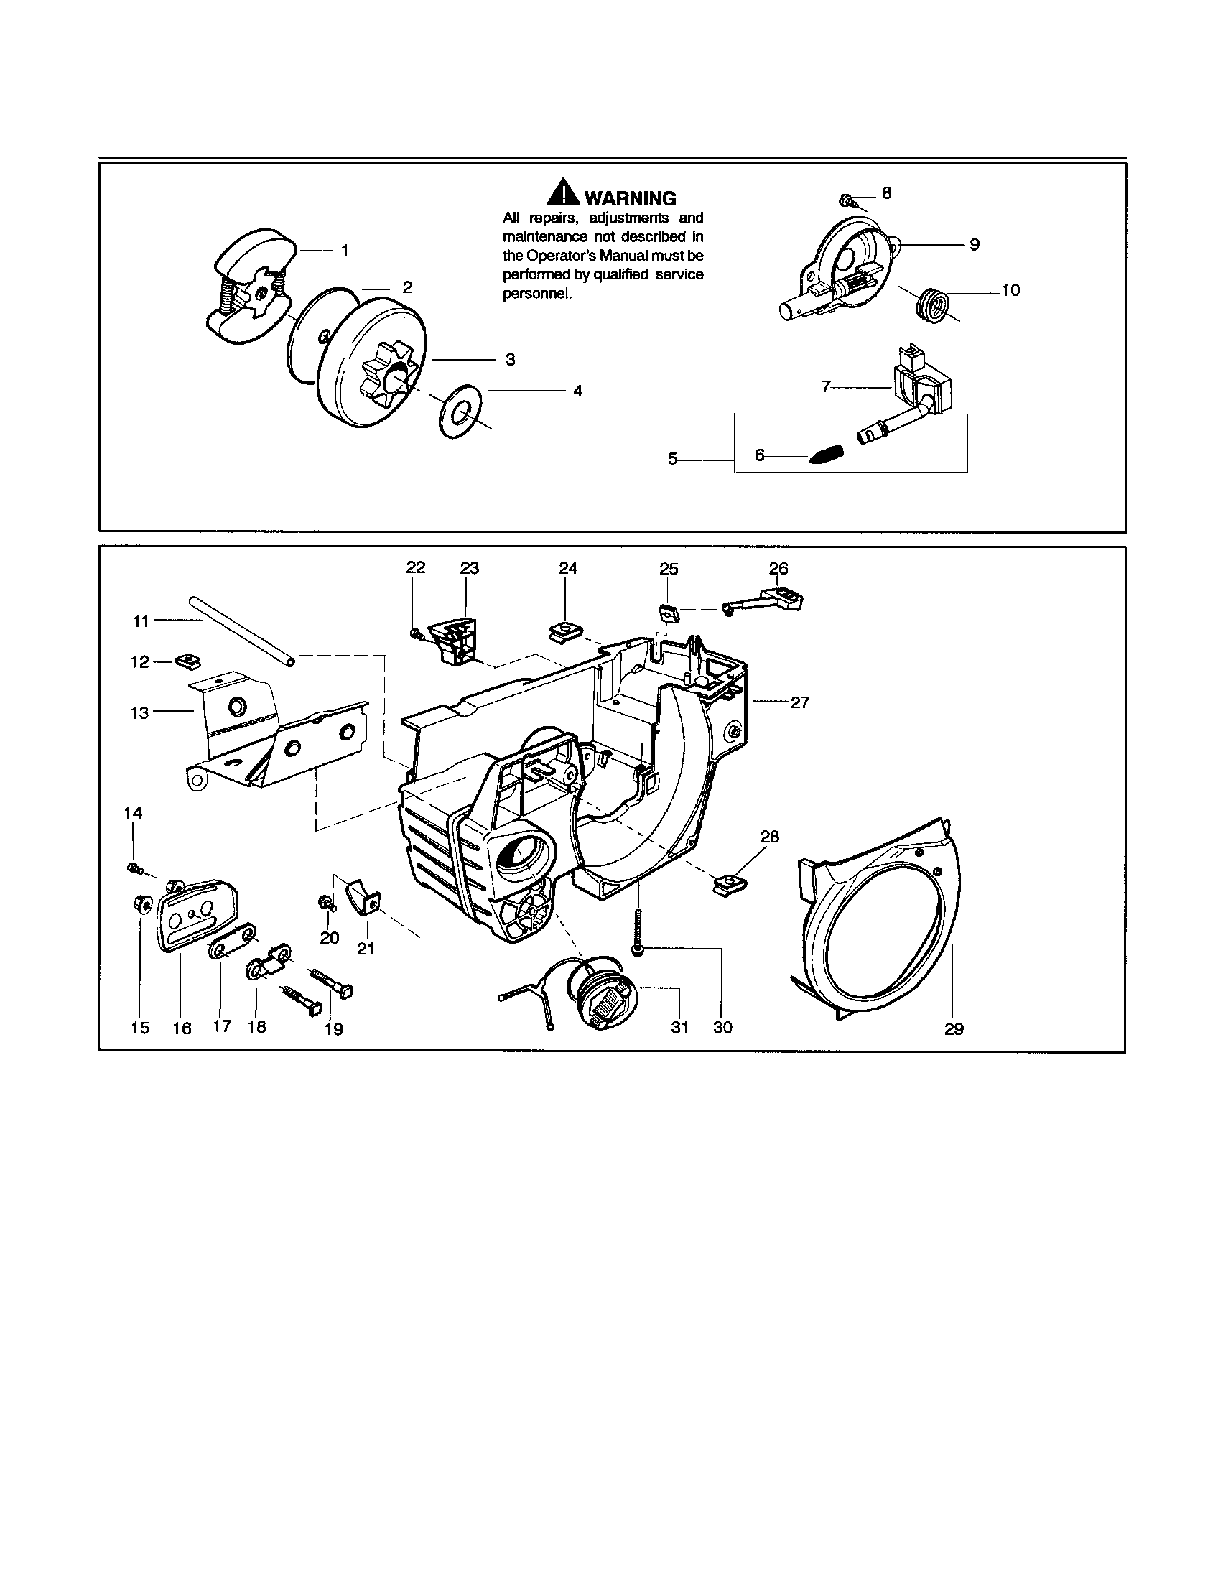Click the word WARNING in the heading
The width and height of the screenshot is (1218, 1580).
point(630,198)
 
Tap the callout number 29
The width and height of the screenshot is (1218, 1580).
point(953,1028)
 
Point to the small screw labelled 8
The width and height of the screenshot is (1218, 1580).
point(845,199)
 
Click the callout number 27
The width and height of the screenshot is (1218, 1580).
point(799,702)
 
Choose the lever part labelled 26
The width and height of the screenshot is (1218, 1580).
point(769,598)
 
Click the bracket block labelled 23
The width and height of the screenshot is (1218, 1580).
point(455,637)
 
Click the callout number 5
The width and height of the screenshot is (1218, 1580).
point(673,458)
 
